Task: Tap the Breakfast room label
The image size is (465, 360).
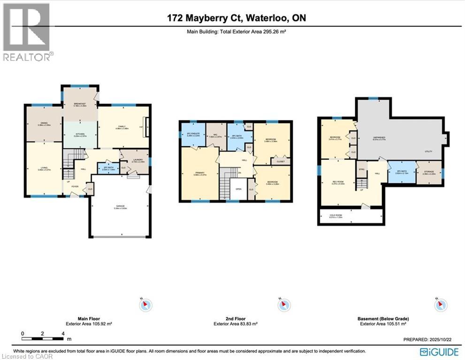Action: click(80, 105)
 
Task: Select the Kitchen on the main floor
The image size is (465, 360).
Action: click(80, 135)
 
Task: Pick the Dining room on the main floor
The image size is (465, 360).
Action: click(44, 124)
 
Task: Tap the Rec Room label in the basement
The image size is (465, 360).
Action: click(338, 183)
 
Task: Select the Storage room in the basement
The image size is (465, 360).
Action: click(429, 172)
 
